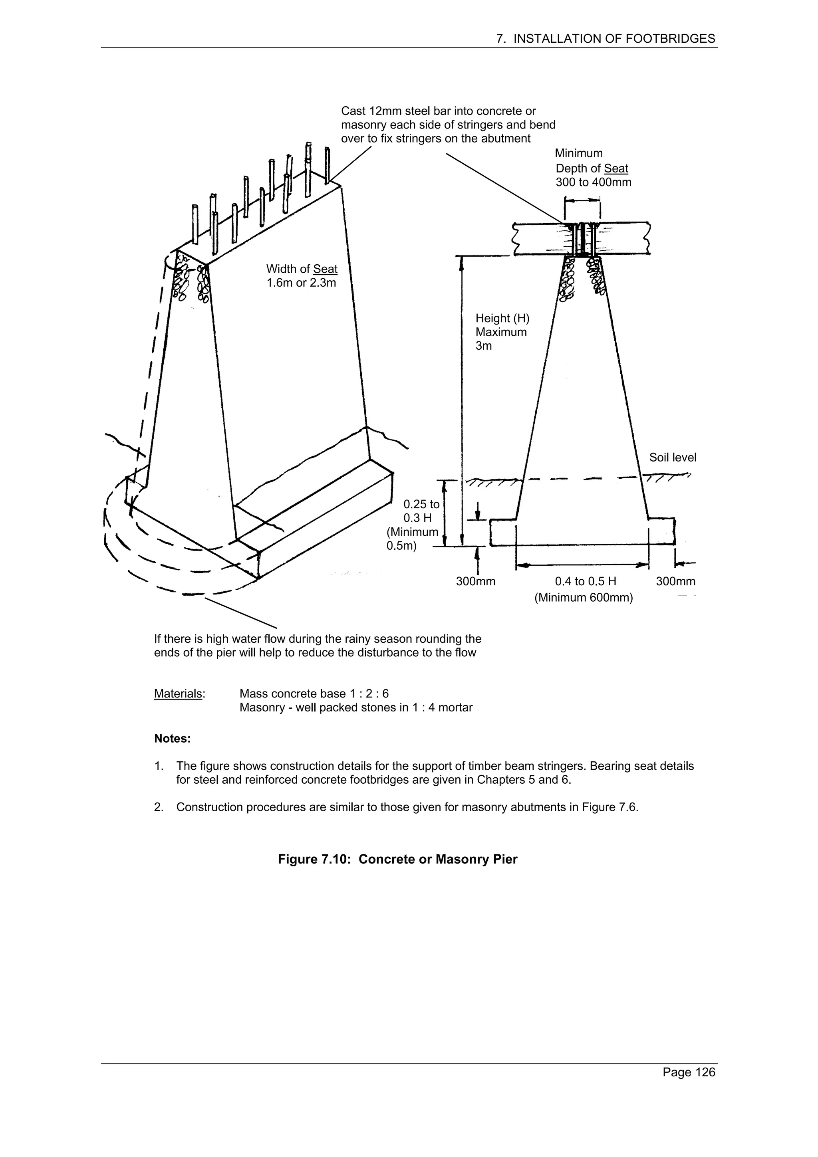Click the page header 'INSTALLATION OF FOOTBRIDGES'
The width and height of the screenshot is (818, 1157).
[x=614, y=39]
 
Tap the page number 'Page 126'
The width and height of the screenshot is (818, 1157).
[x=689, y=1086]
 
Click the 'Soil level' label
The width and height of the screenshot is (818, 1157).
[x=672, y=458]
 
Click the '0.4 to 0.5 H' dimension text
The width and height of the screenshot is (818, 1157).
[x=585, y=582]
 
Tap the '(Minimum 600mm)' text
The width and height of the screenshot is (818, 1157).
[x=583, y=598]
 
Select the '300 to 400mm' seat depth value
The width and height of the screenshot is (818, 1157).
[x=593, y=182]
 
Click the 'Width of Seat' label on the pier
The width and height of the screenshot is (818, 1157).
[x=302, y=269]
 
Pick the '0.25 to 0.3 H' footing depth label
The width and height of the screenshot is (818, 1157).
[x=421, y=511]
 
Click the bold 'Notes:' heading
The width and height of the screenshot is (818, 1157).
[x=173, y=739]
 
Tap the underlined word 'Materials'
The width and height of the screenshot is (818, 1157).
[x=178, y=694]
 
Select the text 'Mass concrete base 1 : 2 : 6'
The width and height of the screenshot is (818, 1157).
[x=314, y=694]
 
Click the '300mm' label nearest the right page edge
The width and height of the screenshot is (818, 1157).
[x=675, y=582]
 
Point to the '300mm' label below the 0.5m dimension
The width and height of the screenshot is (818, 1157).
[x=475, y=582]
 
